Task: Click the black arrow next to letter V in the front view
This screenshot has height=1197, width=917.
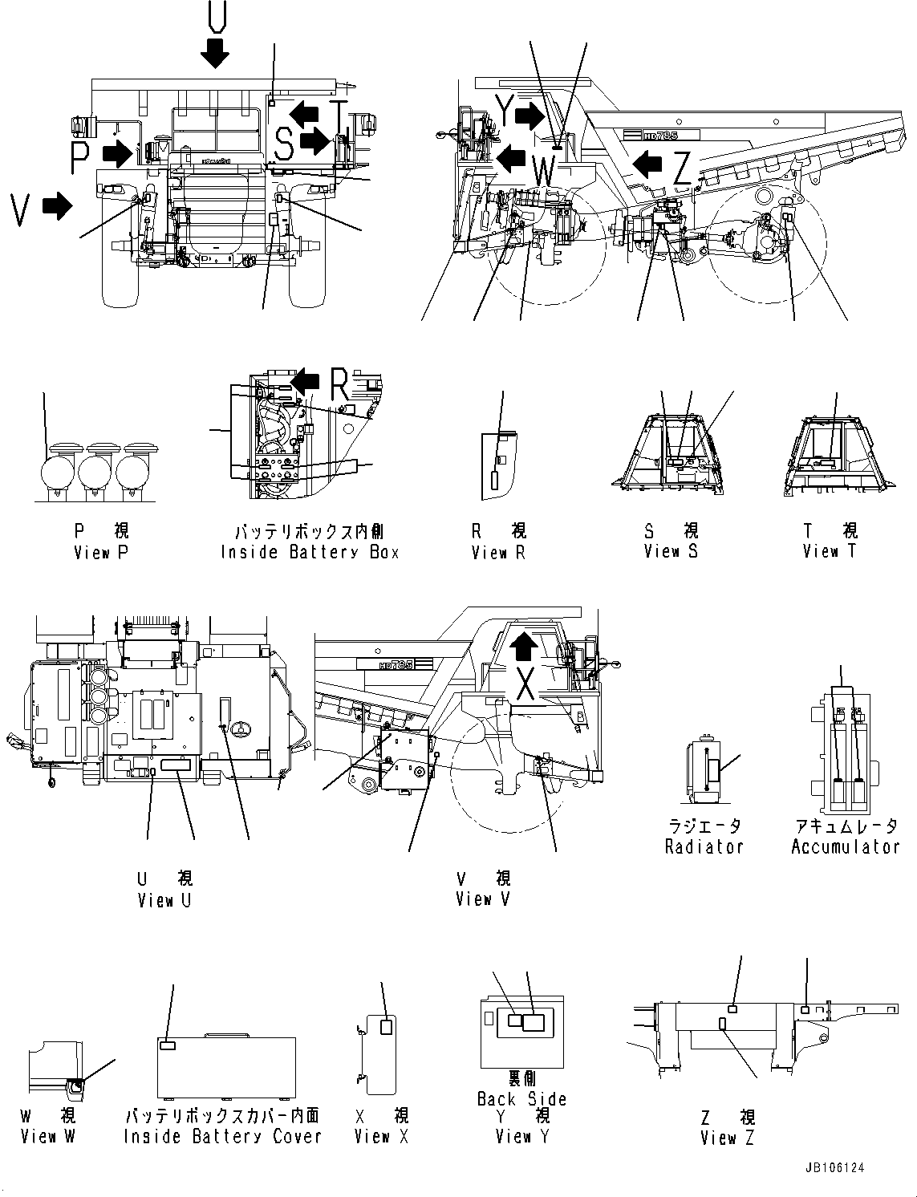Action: [x=55, y=207]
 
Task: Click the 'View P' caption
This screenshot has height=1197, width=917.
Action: [x=100, y=553]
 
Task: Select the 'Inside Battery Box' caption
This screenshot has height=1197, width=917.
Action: [x=310, y=553]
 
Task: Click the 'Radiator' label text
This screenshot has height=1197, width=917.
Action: [x=704, y=847]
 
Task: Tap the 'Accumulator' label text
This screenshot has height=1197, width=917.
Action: [x=846, y=847]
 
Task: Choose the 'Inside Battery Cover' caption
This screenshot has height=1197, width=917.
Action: [x=222, y=1137]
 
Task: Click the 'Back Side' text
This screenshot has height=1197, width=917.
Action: [x=521, y=1099]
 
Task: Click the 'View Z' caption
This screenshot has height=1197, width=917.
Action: [x=727, y=1138]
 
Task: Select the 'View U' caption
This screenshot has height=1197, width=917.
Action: [x=164, y=901]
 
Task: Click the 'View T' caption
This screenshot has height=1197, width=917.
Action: [x=830, y=552]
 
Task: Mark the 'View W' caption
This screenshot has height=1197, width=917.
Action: [x=47, y=1137]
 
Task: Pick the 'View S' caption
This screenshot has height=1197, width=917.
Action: [x=671, y=552]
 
